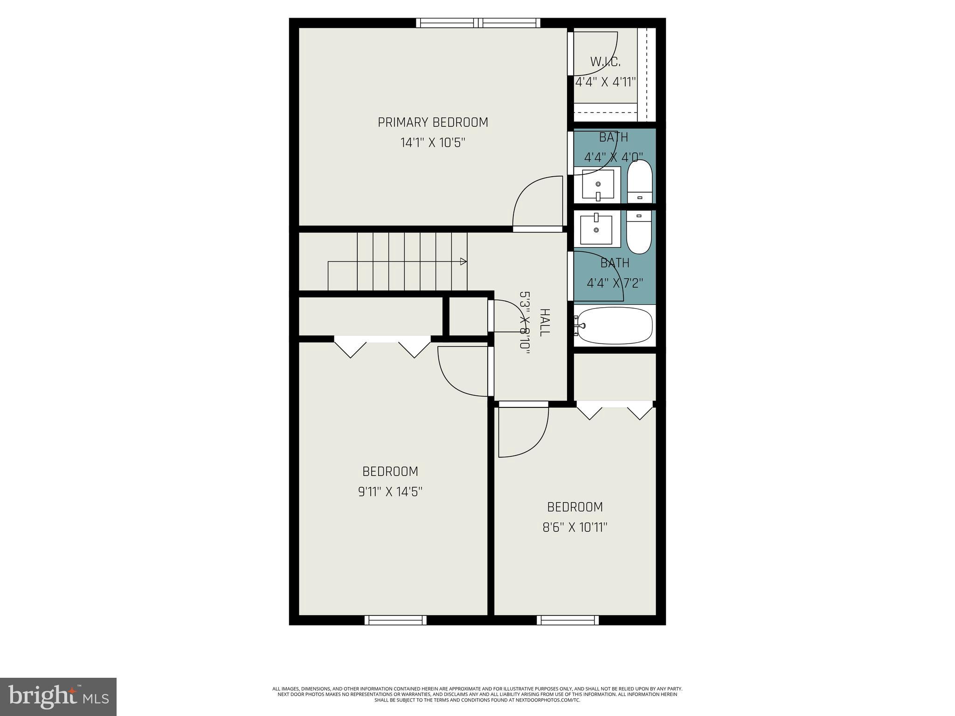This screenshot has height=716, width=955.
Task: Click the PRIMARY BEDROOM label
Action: click(x=433, y=122)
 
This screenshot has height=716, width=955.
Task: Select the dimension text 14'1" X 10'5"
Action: click(x=433, y=143)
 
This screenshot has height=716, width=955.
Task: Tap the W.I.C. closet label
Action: click(x=605, y=62)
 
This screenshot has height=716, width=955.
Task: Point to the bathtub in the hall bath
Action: click(x=615, y=325)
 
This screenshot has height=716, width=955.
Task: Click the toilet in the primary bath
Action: click(x=640, y=182)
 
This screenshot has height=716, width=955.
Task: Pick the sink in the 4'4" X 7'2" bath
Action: click(x=597, y=229)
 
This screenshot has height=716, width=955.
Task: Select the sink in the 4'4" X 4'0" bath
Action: click(x=598, y=184)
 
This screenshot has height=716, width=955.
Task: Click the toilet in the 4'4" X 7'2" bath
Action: click(x=639, y=231)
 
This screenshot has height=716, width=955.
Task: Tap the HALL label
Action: click(x=544, y=322)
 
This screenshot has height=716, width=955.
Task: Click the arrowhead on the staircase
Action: click(x=464, y=262)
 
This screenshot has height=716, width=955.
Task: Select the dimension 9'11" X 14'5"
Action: click(x=390, y=492)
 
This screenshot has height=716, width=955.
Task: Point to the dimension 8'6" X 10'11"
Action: click(x=574, y=527)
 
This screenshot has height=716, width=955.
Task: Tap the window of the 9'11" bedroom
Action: click(x=395, y=620)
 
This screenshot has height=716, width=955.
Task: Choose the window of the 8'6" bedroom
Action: click(x=567, y=620)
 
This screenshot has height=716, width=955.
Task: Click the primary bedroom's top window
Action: click(x=478, y=23)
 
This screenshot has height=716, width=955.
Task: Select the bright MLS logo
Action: click(x=58, y=696)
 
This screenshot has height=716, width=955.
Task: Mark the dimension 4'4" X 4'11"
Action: click(x=605, y=82)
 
